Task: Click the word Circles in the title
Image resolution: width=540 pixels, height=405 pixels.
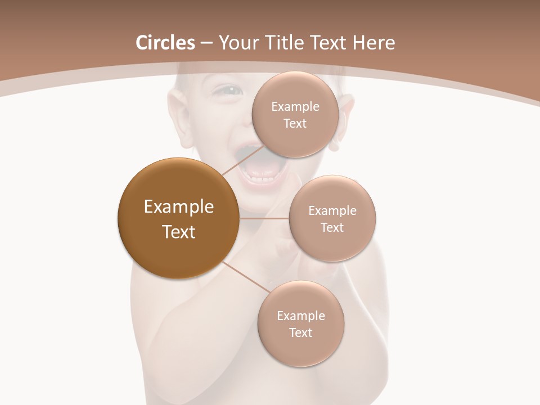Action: pos(165,43)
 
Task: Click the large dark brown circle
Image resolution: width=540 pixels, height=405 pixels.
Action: pos(178,218)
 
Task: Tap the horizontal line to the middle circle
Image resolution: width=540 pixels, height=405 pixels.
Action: pos(264,218)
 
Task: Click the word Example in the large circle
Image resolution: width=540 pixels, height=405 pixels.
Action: pos(178,207)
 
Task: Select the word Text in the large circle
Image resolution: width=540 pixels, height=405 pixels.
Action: pos(178,232)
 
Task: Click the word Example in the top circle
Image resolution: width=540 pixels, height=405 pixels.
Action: pos(295,107)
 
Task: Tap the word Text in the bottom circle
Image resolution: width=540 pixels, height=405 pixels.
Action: pos(300,332)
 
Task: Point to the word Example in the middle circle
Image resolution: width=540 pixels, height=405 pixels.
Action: pos(332,211)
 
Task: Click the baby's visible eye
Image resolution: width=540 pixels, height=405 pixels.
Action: pos(228,89)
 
